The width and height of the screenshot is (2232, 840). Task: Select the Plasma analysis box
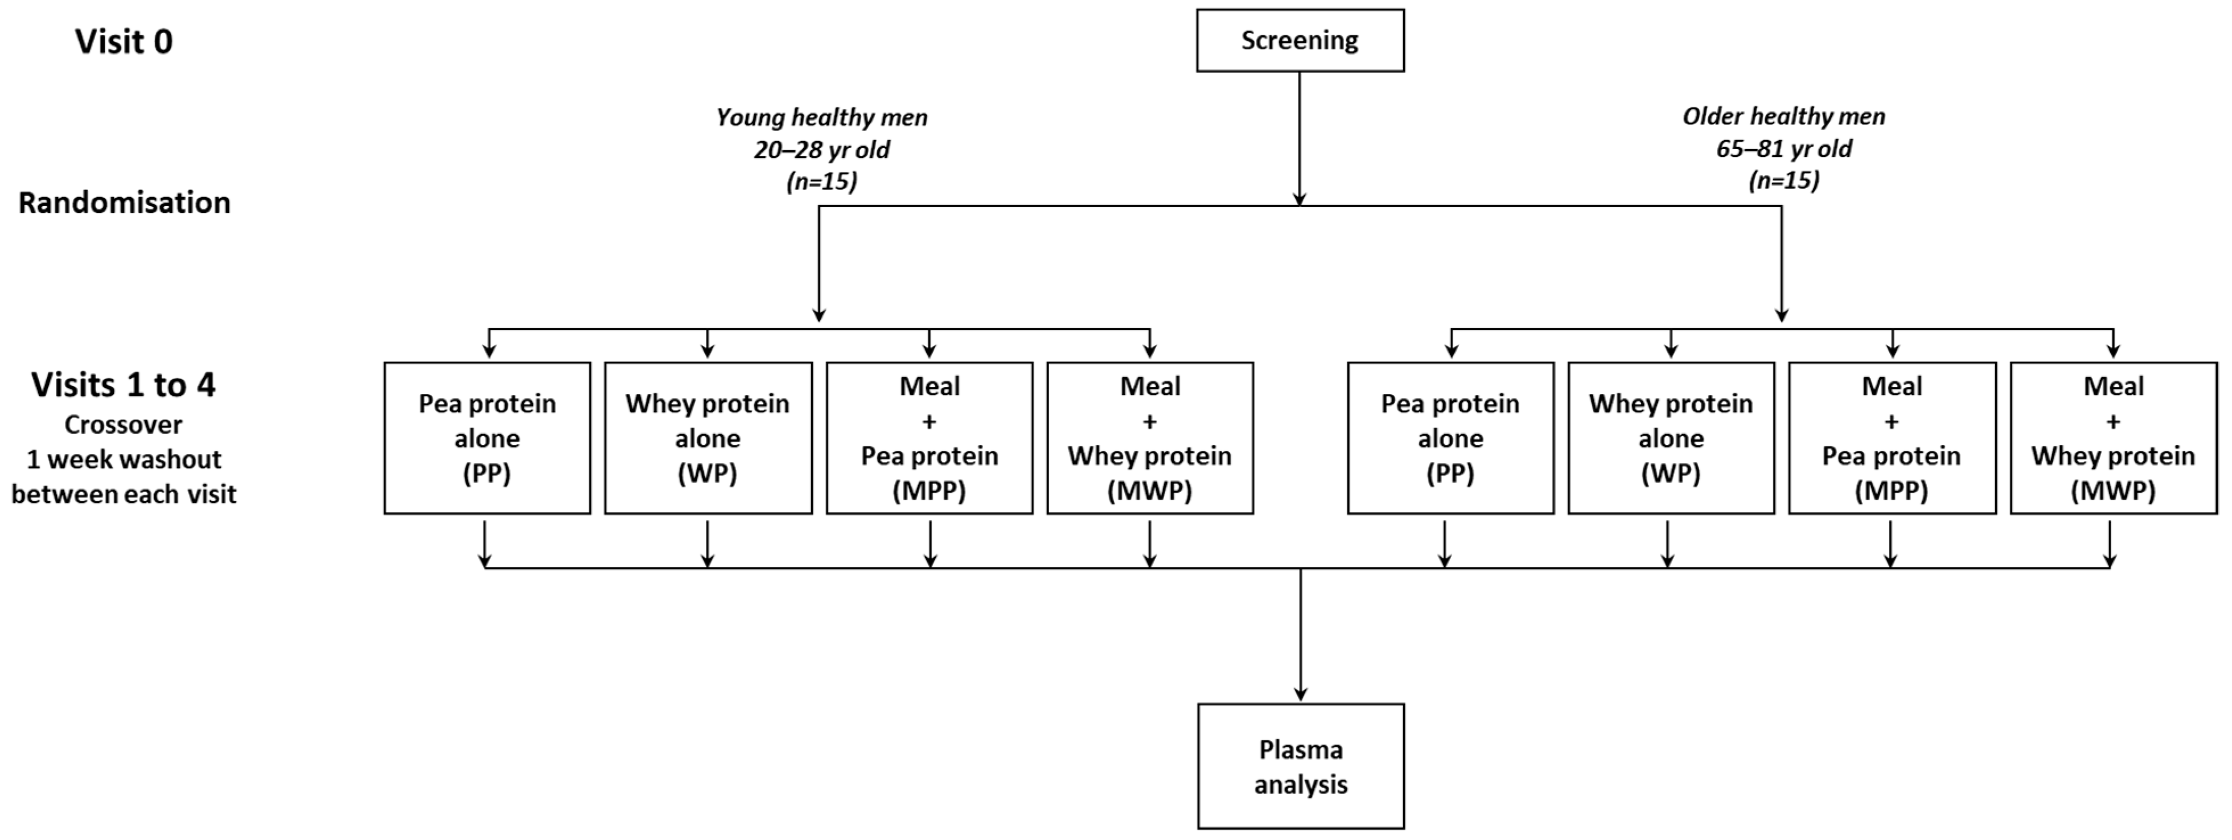pos(1301,767)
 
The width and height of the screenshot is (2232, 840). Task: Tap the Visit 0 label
pos(124,42)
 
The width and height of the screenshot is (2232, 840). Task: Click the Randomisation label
pos(124,203)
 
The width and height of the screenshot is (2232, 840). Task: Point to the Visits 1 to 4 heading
pos(124,385)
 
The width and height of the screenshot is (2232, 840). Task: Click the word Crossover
pos(124,425)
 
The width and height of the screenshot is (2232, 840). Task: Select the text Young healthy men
pos(821,117)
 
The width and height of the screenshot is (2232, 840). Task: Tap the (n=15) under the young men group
pos(821,181)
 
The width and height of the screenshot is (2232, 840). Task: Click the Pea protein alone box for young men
pos(487,437)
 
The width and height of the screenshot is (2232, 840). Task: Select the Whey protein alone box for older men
pos(1671,437)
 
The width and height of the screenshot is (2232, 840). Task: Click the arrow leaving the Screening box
pos(1300,138)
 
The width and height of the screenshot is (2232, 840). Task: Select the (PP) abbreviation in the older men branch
pos(1450,473)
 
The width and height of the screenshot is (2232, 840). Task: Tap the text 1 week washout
pos(124,459)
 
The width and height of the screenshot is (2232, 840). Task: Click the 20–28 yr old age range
pos(821,150)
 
